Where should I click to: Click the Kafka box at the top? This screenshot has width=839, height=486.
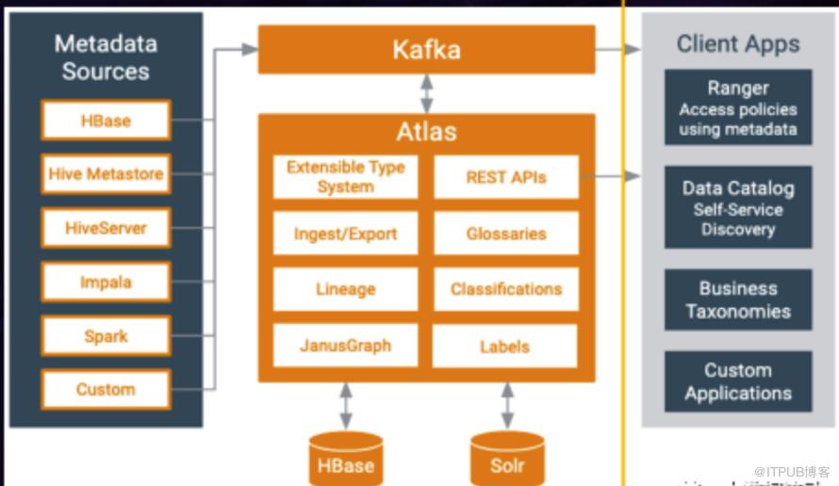pos(426,49)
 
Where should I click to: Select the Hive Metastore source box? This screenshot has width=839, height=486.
pos(106,173)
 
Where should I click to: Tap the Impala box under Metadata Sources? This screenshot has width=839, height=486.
pos(106,282)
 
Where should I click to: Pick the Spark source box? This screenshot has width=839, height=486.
pos(106,336)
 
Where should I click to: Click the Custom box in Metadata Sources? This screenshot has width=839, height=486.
pos(106,389)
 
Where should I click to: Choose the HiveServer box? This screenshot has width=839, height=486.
pos(106,228)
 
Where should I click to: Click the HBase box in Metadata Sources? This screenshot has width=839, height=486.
pos(106,121)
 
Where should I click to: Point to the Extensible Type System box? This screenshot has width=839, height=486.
pos(345,177)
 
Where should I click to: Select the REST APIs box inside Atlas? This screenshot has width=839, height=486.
pos(505,177)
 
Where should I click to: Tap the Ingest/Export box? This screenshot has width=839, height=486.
pos(345,234)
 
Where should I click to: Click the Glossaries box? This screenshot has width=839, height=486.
pos(505,234)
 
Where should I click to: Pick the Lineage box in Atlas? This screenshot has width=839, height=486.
pos(345,289)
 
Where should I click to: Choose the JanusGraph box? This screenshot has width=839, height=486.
pos(345,346)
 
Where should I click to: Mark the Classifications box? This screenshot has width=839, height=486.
pos(505,289)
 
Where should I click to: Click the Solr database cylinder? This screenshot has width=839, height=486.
pos(507,459)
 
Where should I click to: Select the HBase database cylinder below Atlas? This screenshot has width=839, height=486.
pos(346,459)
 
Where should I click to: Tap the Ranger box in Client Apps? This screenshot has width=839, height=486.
pos(738,108)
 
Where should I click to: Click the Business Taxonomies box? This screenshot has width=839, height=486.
pos(738,300)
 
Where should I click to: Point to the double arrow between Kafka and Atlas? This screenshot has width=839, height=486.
pos(427,93)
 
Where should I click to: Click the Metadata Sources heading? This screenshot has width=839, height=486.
pos(106,57)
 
